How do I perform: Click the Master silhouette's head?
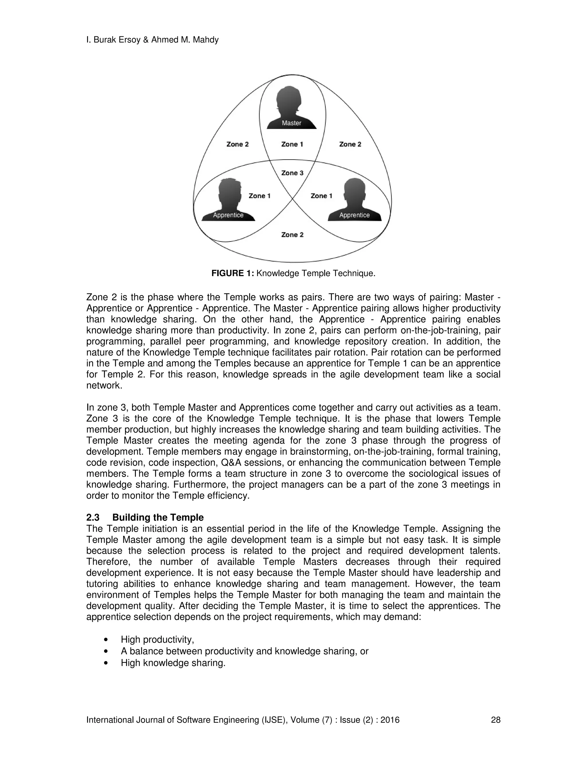(289, 99)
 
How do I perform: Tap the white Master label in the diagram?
(291, 123)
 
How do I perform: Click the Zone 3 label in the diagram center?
(292, 173)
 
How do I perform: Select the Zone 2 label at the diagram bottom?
(292, 235)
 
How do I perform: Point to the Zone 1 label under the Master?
(292, 144)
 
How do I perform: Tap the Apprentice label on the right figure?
(354, 215)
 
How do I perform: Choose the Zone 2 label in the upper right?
(350, 144)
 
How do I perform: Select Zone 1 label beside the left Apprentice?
(259, 196)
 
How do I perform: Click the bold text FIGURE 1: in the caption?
(233, 274)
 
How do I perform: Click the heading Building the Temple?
(158, 518)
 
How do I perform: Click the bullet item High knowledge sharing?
(173, 663)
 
